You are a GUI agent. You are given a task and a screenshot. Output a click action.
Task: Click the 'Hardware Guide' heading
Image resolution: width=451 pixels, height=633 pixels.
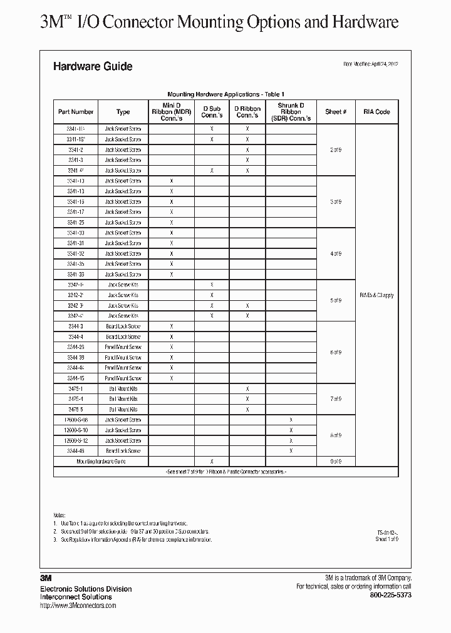pos(93,66)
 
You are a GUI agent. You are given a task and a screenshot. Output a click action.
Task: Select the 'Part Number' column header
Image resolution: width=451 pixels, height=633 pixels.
pos(76,112)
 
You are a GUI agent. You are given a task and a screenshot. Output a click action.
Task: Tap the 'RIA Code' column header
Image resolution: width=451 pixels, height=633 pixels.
pos(376,112)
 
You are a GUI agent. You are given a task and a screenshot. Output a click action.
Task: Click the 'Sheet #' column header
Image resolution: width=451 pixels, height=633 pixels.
pos(336,112)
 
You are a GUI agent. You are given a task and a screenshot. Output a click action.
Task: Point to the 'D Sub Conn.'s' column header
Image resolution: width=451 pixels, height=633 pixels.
pos(212,112)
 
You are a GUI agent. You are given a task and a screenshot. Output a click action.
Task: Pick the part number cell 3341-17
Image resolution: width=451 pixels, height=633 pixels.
pos(76,212)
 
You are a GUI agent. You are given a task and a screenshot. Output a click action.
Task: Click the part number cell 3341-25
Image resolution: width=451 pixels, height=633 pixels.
pos(76,222)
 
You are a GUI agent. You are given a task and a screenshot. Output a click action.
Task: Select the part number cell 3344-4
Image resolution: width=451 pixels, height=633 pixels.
pos(76,337)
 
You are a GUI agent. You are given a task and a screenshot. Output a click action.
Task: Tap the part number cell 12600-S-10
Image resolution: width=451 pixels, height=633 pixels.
pos(76,430)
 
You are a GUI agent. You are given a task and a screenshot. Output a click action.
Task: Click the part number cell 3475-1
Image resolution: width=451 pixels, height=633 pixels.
pos(76,388)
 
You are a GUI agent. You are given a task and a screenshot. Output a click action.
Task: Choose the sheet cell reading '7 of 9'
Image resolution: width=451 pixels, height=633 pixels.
pos(336,399)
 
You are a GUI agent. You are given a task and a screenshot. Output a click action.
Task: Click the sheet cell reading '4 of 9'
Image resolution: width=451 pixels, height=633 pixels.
pos(336,254)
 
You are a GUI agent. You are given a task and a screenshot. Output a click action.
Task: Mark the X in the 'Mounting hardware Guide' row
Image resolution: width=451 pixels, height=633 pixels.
pos(212,461)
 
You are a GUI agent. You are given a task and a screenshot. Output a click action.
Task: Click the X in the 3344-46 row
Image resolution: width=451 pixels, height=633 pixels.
pos(291,450)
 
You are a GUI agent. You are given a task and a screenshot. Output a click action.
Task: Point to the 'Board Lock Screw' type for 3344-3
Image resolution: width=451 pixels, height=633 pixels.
pos(123,327)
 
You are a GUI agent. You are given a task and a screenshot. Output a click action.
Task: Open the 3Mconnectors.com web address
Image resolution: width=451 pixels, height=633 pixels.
pos(78,605)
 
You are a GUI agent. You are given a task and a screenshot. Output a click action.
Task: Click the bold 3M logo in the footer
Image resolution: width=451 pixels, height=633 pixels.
pos(46,579)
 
